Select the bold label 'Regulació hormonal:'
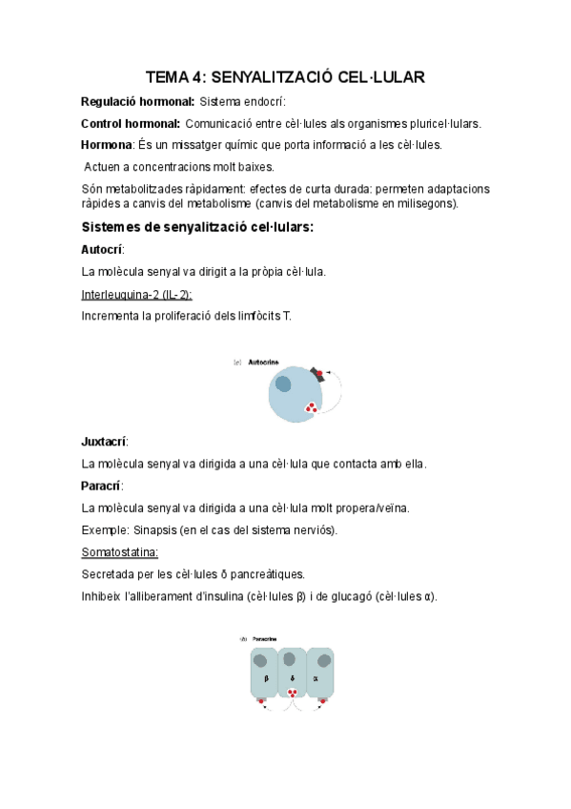click(x=138, y=101)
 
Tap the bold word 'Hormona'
click(x=107, y=145)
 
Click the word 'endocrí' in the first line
click(x=264, y=101)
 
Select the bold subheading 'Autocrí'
click(x=103, y=249)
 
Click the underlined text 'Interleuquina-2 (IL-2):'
click(x=137, y=294)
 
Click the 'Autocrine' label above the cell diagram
click(x=264, y=363)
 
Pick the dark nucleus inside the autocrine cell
click(x=284, y=384)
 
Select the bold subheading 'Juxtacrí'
click(x=105, y=442)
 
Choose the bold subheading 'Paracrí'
click(x=102, y=486)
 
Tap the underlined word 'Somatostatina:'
click(x=120, y=551)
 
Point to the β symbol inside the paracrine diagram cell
click(x=266, y=678)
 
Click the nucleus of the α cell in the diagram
click(x=324, y=659)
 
